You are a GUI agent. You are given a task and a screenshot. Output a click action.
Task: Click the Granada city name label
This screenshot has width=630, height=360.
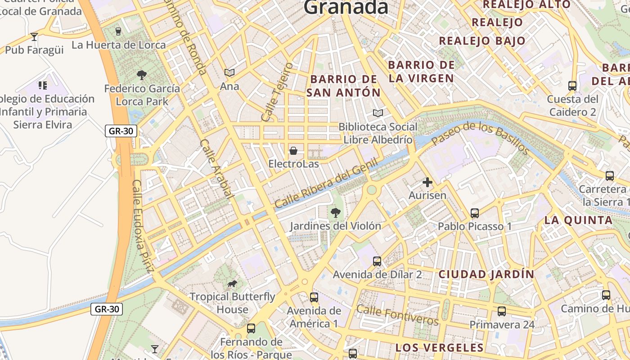346,7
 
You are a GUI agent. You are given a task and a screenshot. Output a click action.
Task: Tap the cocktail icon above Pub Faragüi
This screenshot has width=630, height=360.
34,36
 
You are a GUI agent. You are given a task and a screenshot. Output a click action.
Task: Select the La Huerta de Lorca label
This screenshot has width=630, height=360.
119,45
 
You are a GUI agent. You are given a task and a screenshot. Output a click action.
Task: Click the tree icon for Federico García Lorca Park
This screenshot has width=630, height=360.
142,75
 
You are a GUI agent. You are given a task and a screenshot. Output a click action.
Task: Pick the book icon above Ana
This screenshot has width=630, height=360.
229,72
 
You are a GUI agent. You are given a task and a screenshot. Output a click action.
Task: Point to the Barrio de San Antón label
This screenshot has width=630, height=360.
344,86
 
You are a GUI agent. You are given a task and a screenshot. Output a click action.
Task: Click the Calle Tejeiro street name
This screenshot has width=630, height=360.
277,92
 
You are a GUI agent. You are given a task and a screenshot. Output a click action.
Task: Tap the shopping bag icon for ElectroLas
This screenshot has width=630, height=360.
293,150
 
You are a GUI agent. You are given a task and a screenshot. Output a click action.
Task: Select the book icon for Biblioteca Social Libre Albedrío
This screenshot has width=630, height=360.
378,113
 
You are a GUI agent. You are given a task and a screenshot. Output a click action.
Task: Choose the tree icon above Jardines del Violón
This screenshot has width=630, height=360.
335,212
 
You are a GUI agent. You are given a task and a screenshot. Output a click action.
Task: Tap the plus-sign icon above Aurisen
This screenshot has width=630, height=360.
427,182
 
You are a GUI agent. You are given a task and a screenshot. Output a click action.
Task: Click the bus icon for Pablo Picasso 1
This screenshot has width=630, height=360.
475,213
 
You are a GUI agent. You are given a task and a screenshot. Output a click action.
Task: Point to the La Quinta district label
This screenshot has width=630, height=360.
578,220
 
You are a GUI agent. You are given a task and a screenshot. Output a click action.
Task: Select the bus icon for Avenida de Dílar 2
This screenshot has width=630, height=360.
377,261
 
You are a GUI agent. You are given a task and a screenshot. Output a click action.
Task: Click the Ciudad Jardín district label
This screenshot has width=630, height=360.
486,274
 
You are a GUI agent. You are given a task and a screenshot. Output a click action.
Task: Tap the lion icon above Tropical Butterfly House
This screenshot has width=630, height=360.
232,283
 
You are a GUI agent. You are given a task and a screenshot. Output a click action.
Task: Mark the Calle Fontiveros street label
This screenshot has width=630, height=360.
397,315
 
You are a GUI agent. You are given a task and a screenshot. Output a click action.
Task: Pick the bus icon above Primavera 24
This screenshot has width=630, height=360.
502,311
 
